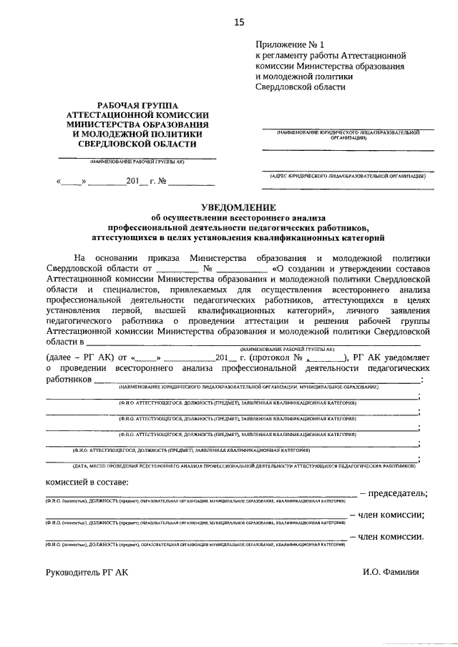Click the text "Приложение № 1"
click(x=290, y=44)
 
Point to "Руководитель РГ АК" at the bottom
click(x=88, y=573)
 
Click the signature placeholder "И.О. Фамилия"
click(x=390, y=573)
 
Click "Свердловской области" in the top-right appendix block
click(x=301, y=87)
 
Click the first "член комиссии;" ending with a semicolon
click(x=391, y=515)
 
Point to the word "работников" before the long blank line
click(x=69, y=379)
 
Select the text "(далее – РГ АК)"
click(x=79, y=357)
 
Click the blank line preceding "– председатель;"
click(x=200, y=495)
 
